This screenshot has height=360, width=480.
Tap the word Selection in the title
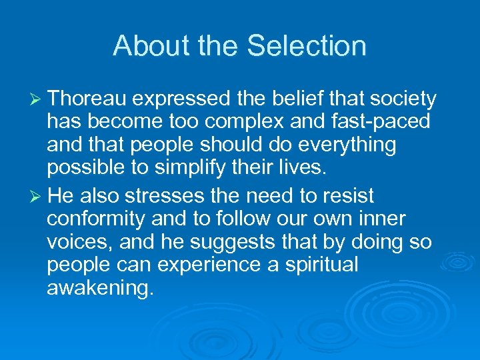point(307,46)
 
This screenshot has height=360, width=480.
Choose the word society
point(403,100)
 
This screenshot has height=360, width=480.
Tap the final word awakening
point(100,289)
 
